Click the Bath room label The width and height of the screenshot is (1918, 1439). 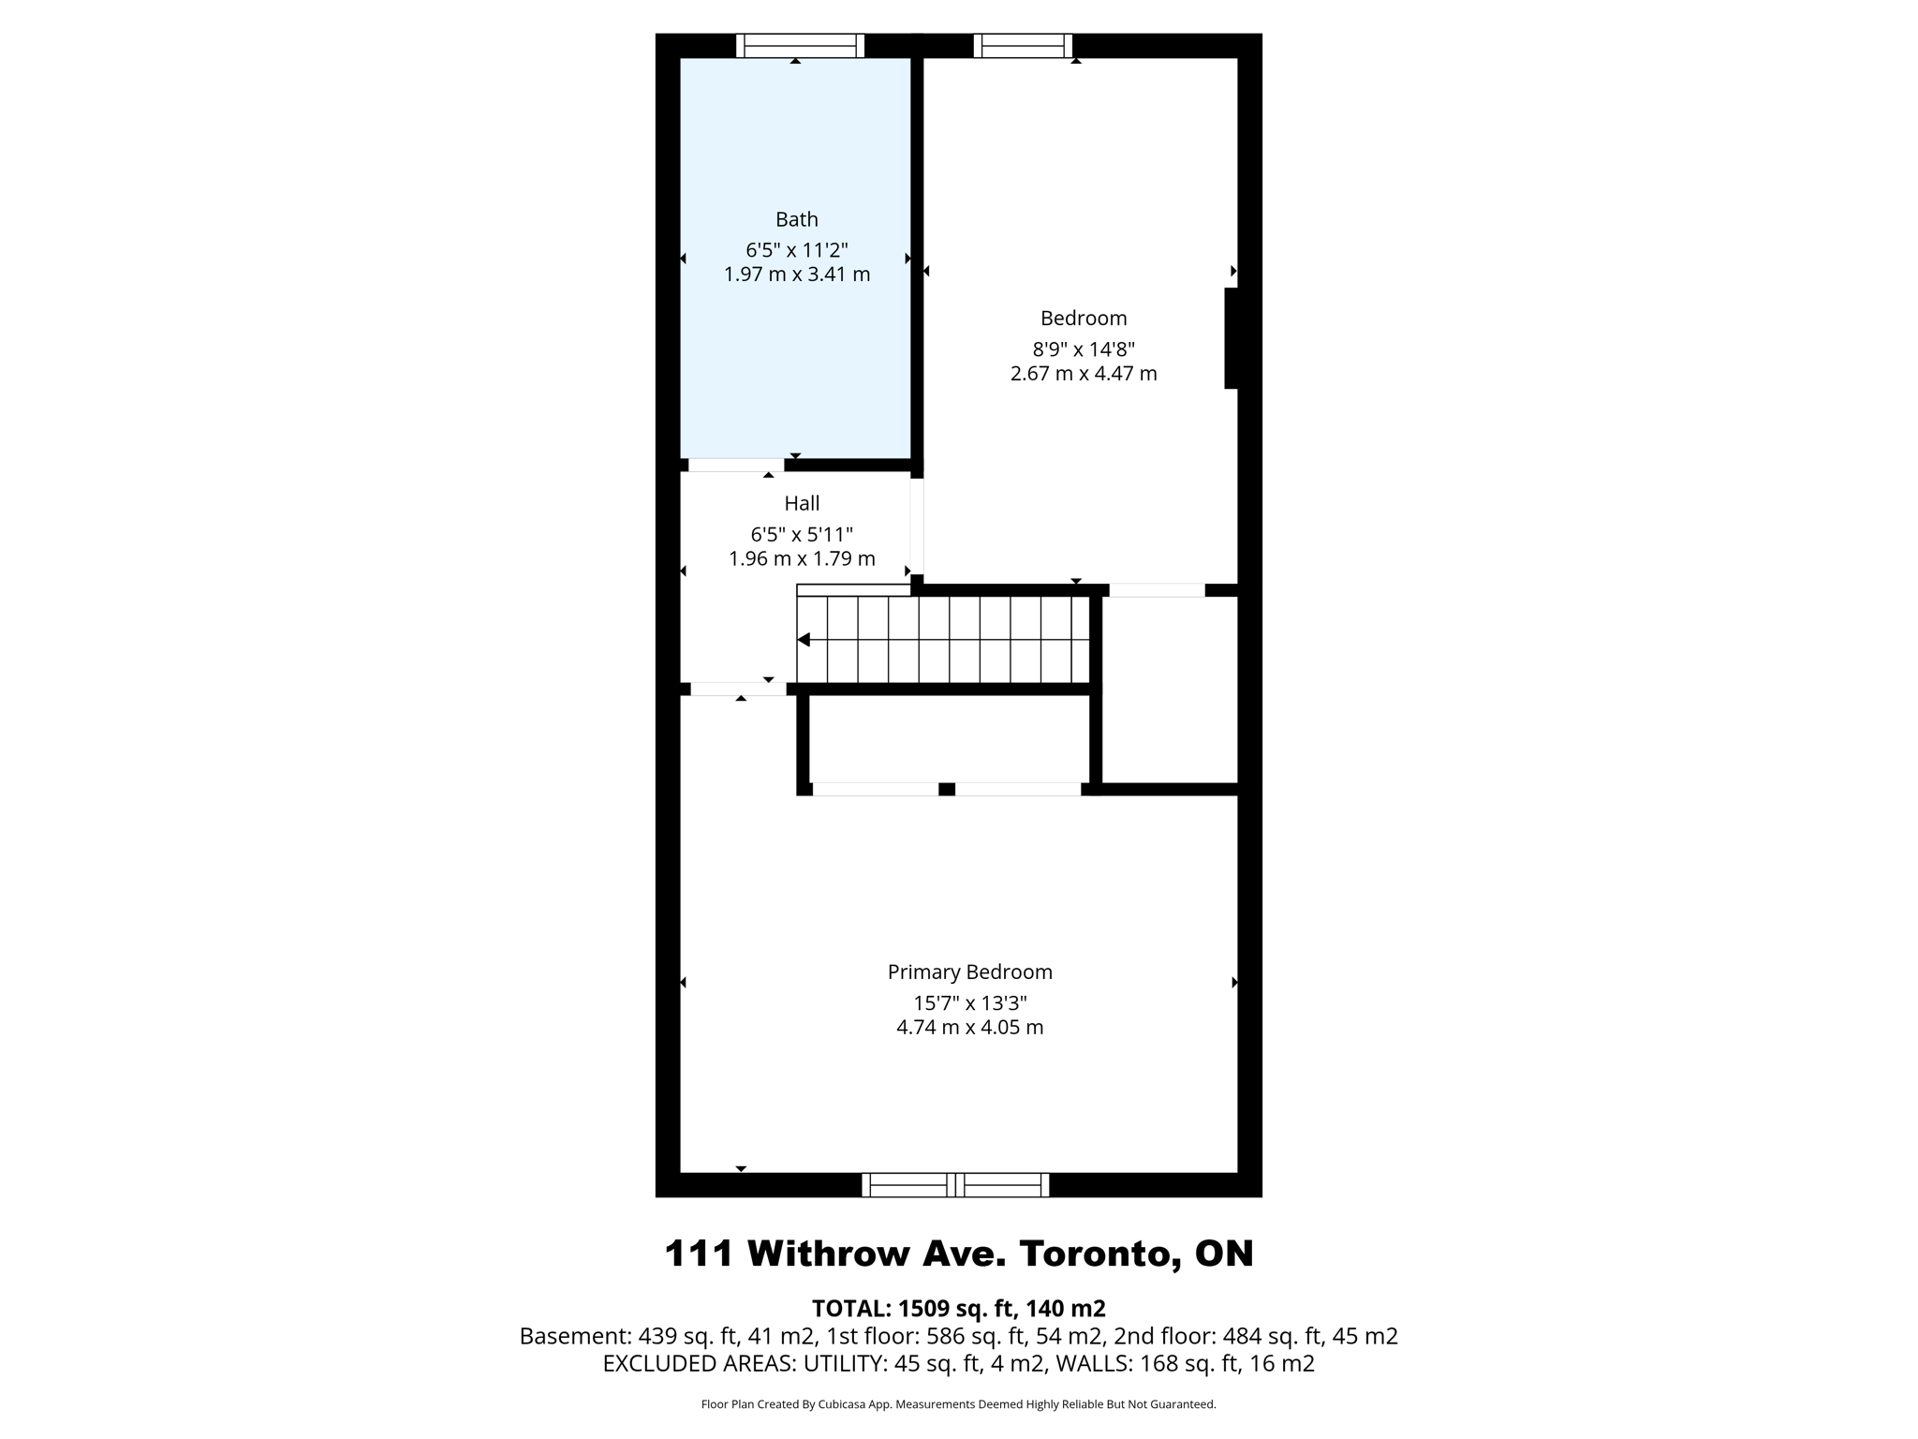(797, 219)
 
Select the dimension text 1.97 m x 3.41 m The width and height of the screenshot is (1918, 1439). (797, 274)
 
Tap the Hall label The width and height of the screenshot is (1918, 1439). (802, 503)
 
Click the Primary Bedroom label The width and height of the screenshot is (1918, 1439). (969, 972)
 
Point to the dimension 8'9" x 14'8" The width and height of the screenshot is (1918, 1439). (1084, 349)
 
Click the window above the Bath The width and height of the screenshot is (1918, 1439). (800, 46)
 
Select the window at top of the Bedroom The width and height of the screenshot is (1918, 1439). (1023, 46)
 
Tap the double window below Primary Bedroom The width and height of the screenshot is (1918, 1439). (955, 1185)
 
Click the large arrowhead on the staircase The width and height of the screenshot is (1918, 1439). (804, 640)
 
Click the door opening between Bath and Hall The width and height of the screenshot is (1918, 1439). (736, 465)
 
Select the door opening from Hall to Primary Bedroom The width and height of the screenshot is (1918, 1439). (738, 690)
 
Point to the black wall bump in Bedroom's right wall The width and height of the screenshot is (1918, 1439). (1232, 338)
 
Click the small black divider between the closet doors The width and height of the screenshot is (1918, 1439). (947, 790)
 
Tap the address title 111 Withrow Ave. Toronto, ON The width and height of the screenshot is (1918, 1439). (958, 1254)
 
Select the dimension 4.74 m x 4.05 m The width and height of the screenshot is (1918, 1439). (969, 1027)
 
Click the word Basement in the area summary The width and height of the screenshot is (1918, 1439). (574, 1336)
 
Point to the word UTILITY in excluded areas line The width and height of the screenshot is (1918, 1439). (844, 1363)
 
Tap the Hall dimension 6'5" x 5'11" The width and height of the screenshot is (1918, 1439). (802, 535)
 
